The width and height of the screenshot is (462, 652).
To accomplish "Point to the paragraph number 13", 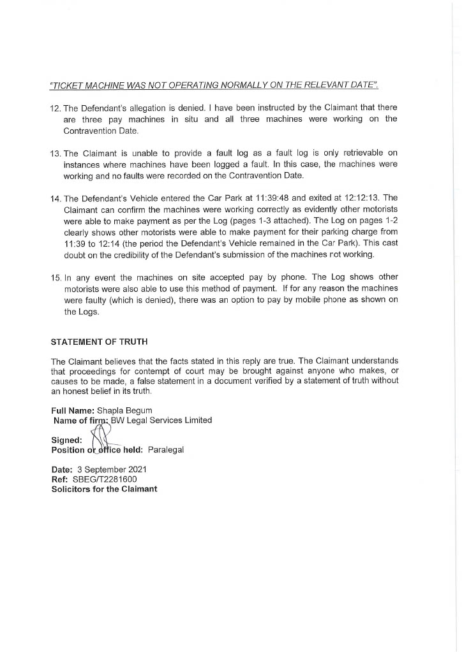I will coord(56,154).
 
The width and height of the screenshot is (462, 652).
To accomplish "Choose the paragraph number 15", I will coord(56,277).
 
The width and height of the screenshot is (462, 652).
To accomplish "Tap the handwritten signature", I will coord(102,438).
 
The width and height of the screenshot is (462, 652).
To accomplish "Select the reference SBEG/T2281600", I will coord(106,480).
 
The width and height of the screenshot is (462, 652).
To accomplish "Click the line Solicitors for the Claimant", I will coord(103,489).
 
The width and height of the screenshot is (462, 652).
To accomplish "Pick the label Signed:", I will coord(66,440).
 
